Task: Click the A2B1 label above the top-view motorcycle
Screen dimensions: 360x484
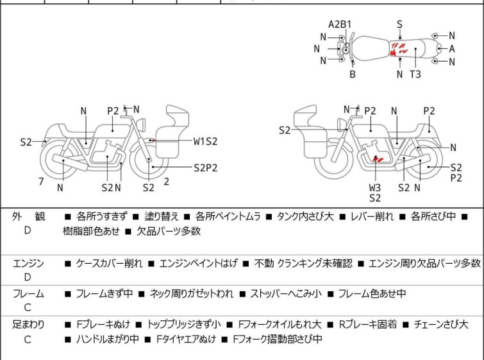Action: tap(340, 24)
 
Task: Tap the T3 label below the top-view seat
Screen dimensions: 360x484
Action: tap(415, 74)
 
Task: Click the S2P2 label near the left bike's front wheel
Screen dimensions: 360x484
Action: tap(206, 167)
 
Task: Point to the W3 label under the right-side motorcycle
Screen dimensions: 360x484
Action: tap(375, 187)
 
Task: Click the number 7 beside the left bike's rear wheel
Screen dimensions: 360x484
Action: tap(41, 182)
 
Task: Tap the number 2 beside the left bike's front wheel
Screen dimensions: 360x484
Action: tap(166, 182)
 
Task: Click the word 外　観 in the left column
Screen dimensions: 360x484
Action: tap(28, 217)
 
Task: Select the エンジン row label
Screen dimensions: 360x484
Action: tap(28, 263)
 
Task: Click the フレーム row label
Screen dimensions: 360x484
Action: tap(28, 294)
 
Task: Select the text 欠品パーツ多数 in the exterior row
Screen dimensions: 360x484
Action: tap(169, 231)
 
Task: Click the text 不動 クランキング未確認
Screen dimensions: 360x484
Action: tap(303, 263)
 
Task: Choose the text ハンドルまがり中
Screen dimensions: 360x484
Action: tap(107, 339)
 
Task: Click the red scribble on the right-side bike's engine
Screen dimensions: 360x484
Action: tap(378, 157)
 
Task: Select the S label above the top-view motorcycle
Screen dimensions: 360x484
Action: tap(399, 24)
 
